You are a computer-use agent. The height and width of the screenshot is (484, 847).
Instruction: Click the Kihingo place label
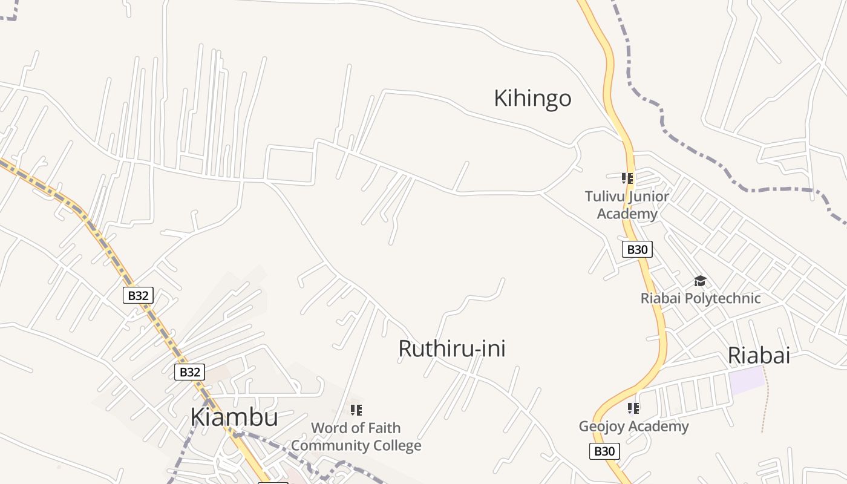532,98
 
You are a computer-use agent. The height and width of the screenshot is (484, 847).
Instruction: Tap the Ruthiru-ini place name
451,348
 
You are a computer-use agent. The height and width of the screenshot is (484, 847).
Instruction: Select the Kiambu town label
234,417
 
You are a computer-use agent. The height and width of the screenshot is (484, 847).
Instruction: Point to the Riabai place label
759,355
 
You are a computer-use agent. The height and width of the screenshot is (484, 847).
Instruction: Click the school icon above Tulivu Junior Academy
627,178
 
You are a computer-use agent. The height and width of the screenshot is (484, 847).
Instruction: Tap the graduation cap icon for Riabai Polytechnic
700,281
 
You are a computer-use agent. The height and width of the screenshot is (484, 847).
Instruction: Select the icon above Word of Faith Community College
356,410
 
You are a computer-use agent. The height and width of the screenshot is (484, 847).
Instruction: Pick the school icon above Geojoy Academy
633,408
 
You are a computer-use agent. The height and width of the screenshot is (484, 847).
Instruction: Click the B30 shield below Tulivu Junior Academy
637,249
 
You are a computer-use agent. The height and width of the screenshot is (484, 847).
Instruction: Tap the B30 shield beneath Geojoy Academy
604,451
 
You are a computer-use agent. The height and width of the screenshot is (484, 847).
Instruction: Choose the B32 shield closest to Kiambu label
190,372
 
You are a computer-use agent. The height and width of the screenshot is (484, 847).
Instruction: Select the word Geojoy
601,427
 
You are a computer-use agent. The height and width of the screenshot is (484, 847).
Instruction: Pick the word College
396,446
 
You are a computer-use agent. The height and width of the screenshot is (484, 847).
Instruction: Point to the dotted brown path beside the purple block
765,399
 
